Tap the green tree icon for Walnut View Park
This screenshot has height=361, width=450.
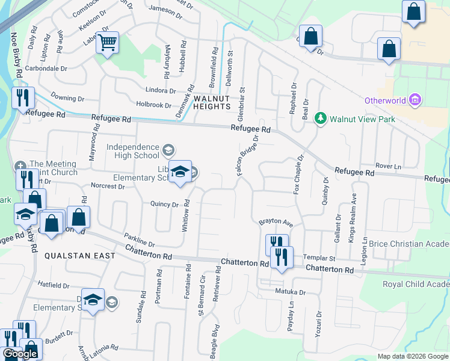point(321,118)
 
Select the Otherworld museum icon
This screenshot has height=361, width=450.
point(414,100)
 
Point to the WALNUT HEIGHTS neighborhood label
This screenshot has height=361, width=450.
point(211,102)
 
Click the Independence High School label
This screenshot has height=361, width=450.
point(133,151)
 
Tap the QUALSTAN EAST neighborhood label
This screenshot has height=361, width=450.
point(72,255)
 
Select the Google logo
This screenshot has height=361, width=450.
point(20,354)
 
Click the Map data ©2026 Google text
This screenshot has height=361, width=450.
point(412,356)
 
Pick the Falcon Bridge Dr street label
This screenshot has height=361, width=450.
point(247,155)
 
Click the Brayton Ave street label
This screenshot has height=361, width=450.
point(275,222)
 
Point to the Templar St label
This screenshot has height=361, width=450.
point(318,256)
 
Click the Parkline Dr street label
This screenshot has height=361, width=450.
point(140,239)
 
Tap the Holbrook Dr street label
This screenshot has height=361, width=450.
point(154,105)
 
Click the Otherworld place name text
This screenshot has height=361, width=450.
point(385,100)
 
